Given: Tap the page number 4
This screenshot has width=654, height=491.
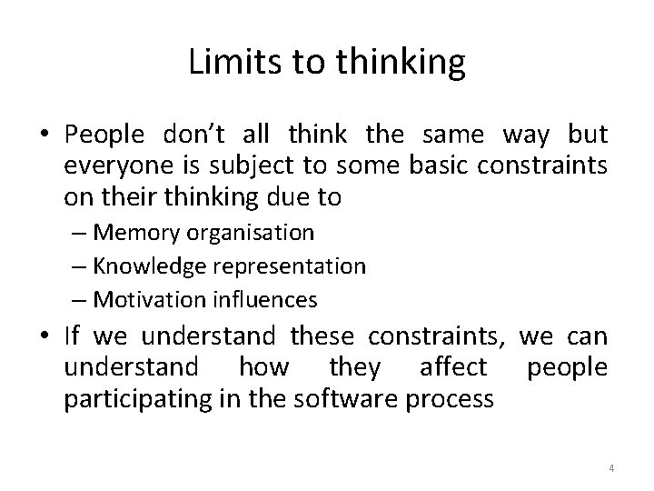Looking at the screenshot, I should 611,468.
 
